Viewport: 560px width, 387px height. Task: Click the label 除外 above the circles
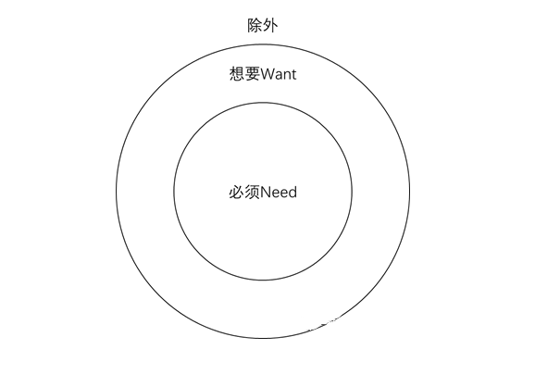[x=263, y=26]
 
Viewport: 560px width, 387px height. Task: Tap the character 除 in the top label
[x=255, y=26]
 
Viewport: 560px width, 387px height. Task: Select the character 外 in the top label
[x=270, y=26]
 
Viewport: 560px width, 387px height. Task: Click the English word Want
[x=279, y=74]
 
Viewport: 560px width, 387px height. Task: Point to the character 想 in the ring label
[x=237, y=74]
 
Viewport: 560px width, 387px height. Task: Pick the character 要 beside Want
[x=253, y=74]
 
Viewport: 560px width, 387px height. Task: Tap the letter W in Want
[x=268, y=74]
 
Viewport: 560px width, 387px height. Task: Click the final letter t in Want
[x=293, y=75]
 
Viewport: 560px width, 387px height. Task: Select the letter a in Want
[x=280, y=76]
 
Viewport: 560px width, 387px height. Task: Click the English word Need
[x=279, y=193]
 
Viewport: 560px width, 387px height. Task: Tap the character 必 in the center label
[x=237, y=193]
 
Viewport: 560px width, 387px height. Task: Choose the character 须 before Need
[x=253, y=193]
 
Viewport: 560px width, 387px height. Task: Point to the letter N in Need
[x=266, y=193]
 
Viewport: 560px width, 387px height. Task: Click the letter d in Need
[x=292, y=193]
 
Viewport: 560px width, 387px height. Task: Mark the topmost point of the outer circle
[x=263, y=44]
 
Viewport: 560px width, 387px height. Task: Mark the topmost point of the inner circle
[x=263, y=103]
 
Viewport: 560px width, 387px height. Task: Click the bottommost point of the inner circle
[x=263, y=281]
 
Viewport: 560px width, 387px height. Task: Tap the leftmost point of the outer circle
[x=116, y=192]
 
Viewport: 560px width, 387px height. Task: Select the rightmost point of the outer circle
[x=410, y=192]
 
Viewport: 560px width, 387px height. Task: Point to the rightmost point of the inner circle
[x=353, y=192]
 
